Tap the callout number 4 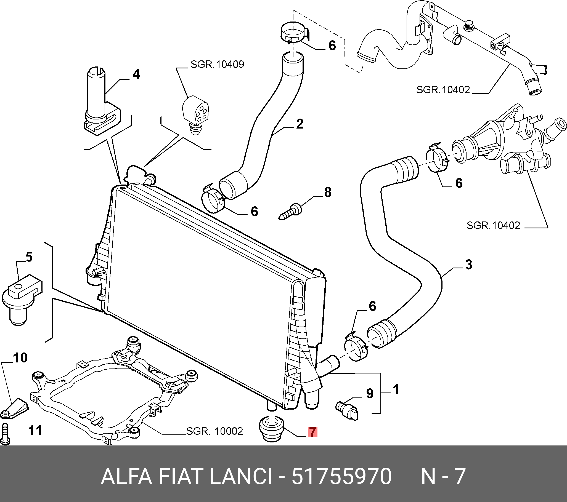coord(136,74)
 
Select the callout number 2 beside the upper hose coord(300,124)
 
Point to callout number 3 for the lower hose coord(468,265)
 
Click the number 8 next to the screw coord(328,192)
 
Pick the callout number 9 coord(370,393)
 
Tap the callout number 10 coord(20,358)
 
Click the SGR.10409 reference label coord(217,65)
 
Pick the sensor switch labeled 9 coord(347,410)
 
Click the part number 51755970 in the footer coord(341,476)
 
